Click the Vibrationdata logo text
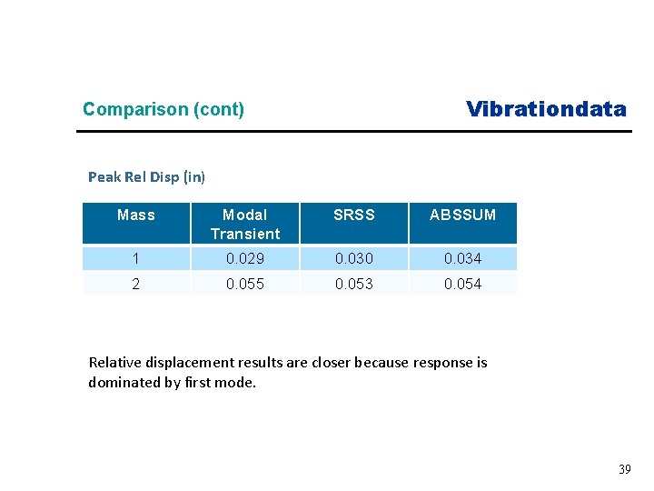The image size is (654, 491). pos(546,110)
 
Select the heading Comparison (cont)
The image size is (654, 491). pos(163,110)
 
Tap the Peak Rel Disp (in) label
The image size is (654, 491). pos(146,176)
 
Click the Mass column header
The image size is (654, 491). pos(136,215)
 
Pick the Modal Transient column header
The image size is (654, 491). pos(245,225)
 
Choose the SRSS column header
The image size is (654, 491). pos(353,215)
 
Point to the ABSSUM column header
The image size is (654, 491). pos(462,215)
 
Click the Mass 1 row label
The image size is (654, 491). pos(136,259)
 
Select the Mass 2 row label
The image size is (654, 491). pos(136,285)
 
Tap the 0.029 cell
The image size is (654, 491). pos(245,259)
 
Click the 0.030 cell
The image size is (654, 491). pos(353,259)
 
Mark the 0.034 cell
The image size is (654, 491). pos(462,259)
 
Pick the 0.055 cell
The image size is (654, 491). pos(245,285)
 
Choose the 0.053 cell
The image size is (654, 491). pos(353,285)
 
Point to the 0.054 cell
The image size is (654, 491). pos(462,285)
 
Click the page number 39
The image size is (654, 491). pos(624,469)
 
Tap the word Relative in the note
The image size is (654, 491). pos(114,363)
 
